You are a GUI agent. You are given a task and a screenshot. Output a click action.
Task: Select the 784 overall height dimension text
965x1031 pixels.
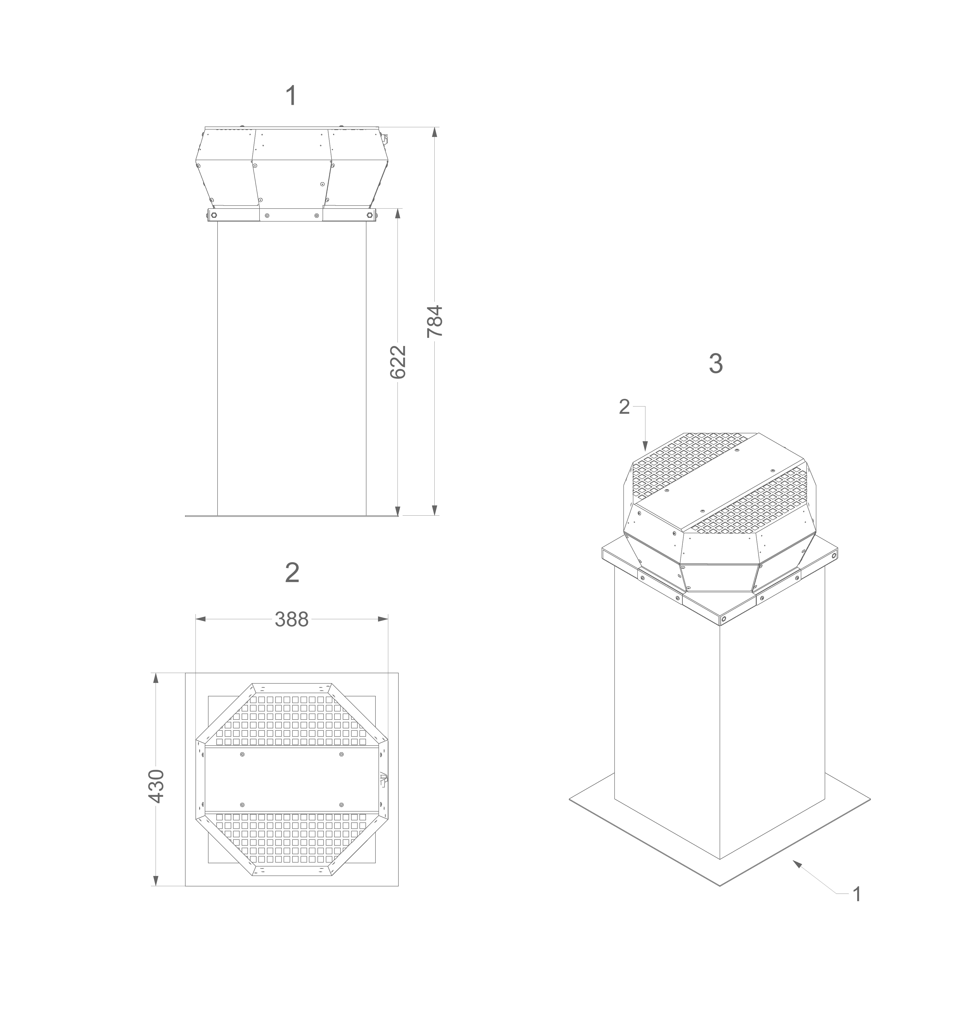(435, 321)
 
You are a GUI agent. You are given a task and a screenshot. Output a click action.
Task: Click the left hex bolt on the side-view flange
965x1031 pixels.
(213, 215)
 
